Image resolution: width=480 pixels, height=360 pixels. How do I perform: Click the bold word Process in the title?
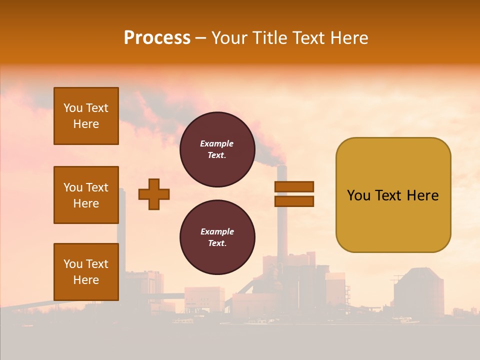(x=157, y=38)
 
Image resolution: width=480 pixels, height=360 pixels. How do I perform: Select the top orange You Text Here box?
(x=86, y=116)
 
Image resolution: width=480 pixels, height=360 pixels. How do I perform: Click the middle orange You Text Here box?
(x=86, y=195)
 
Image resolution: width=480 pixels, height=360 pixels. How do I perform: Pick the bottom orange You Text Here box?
(x=86, y=271)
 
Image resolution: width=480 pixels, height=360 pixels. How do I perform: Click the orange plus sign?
(x=154, y=194)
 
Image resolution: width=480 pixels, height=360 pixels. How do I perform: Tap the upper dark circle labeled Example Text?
(x=217, y=149)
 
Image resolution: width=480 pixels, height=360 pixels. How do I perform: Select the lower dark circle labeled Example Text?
(x=217, y=237)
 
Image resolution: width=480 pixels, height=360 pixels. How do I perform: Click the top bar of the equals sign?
(x=294, y=187)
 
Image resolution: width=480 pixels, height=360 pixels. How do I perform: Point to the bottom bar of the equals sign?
(x=294, y=201)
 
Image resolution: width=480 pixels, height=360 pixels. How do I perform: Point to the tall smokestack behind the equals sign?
(x=282, y=220)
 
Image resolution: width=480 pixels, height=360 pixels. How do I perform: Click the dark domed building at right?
(x=418, y=292)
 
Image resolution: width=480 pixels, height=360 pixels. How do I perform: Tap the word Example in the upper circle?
(x=217, y=144)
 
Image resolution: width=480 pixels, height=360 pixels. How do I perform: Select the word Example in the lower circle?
(x=217, y=232)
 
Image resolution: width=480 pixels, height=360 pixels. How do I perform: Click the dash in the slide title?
(x=201, y=38)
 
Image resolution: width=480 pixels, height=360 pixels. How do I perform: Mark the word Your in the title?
(x=229, y=38)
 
